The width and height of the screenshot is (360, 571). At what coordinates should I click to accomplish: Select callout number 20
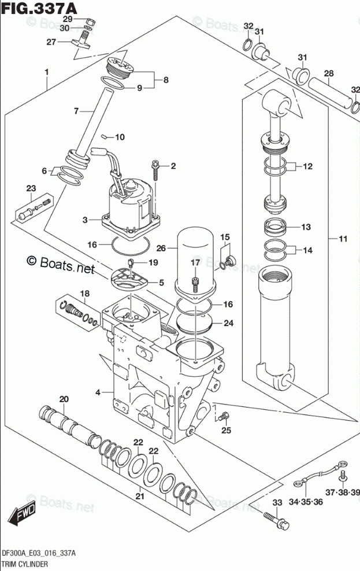(x=64, y=399)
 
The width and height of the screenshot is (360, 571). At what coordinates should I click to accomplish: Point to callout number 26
(x=161, y=248)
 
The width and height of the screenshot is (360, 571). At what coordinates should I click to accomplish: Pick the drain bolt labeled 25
(x=224, y=416)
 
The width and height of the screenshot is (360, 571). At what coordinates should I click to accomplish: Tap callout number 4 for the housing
(x=98, y=393)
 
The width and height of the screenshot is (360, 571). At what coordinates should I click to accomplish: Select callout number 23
(x=31, y=188)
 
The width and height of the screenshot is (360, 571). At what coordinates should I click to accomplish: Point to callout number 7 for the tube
(x=75, y=110)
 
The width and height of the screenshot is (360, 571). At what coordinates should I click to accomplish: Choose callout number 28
(x=328, y=73)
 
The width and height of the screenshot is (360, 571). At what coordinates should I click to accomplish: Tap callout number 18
(x=84, y=294)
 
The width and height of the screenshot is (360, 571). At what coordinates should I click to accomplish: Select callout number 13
(x=306, y=227)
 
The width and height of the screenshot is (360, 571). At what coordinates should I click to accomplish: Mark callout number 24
(x=228, y=323)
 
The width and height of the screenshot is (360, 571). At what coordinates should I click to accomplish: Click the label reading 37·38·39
(x=342, y=492)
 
